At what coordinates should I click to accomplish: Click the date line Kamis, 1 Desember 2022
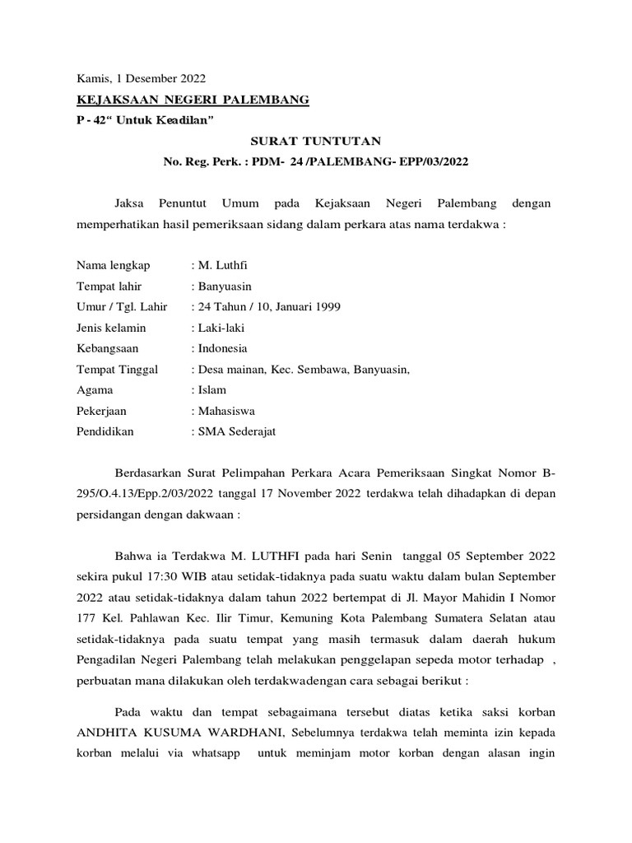(141, 79)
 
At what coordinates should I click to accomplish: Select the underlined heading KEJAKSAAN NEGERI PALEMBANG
(193, 100)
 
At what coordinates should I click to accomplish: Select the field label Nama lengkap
(114, 265)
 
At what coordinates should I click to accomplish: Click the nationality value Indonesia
(221, 347)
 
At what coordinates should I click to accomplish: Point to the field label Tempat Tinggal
(118, 369)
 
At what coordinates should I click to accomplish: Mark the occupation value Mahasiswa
(226, 410)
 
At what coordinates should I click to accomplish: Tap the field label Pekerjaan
(102, 410)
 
